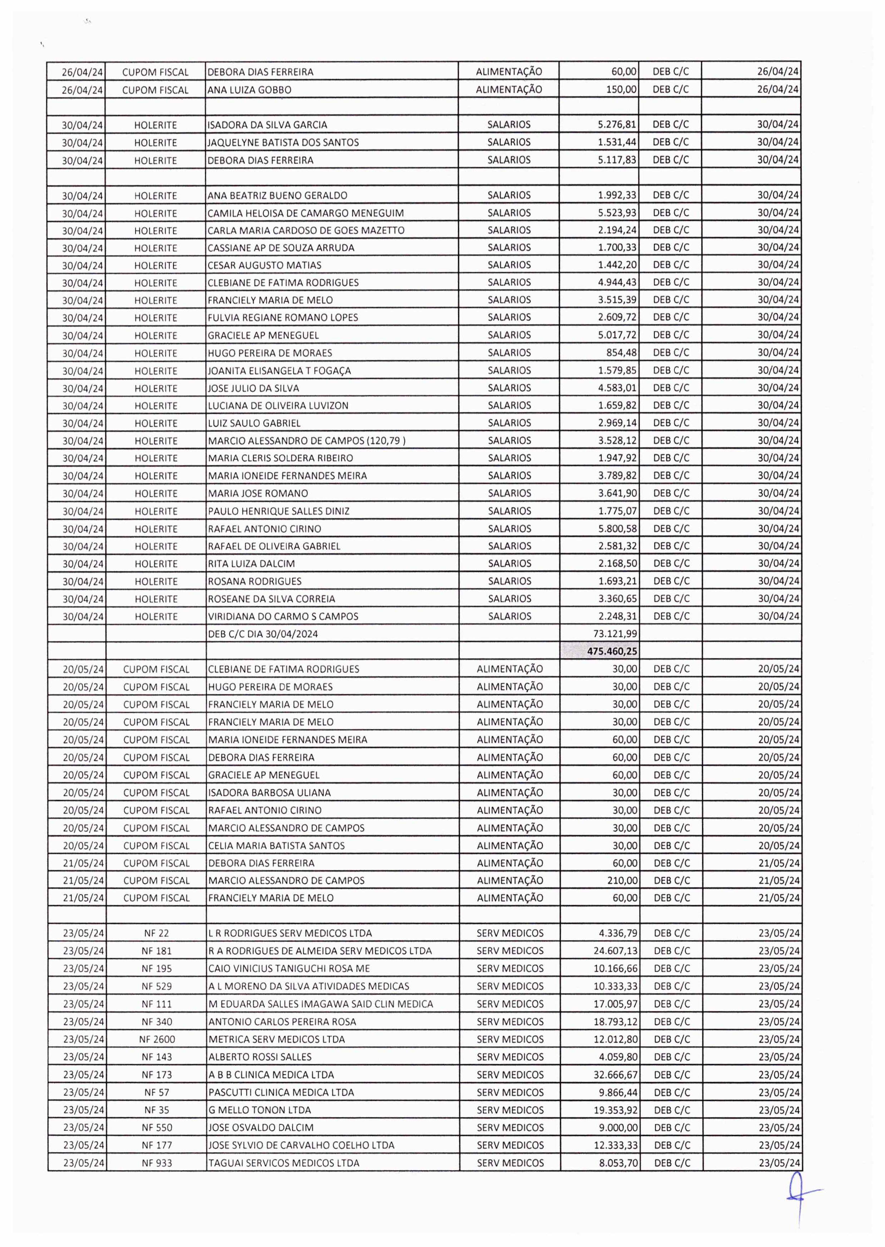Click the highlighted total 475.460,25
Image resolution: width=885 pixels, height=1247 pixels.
pos(613,651)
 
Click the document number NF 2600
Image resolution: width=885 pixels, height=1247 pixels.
pos(157,1039)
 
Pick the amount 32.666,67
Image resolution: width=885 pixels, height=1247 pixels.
pos(616,1074)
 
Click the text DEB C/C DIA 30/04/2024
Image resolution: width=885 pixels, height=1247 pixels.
pos(263,634)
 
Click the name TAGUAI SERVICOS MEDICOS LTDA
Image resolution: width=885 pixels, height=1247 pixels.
pos(284,1163)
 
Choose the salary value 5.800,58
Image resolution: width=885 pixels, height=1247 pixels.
pos(618,528)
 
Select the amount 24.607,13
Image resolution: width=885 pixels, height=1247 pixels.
pos(616,951)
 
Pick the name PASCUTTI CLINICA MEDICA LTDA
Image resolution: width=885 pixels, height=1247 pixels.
pos(281,1092)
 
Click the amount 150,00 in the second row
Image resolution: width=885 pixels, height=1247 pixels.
pos(622,89)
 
